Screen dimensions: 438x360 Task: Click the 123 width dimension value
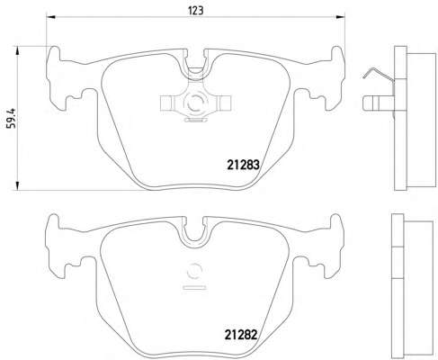tap(196, 11)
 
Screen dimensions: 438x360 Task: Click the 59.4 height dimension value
tap(13, 118)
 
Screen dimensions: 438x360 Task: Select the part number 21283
tap(243, 165)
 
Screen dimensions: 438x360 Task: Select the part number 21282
tap(241, 335)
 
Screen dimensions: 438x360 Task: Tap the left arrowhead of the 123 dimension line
tap(50, 17)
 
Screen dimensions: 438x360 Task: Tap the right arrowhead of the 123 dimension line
tap(341, 17)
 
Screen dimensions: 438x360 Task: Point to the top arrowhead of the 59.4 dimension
tap(17, 51)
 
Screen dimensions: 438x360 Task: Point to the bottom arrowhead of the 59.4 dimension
tap(17, 185)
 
